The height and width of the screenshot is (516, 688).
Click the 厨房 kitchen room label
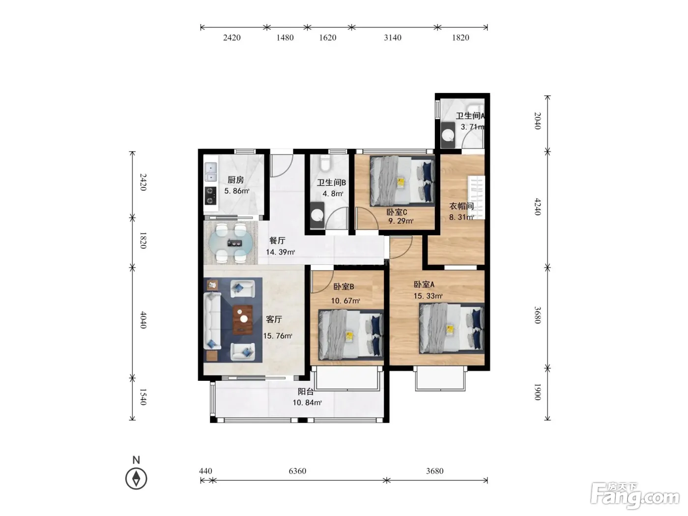click(235, 180)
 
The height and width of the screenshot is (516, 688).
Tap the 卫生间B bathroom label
click(331, 183)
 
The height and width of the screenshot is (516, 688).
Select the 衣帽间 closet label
click(461, 206)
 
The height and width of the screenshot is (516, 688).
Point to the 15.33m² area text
click(428, 296)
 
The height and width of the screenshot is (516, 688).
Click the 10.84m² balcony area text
click(307, 402)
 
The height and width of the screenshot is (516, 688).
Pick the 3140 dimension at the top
click(393, 38)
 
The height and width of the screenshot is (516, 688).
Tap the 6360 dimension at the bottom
click(297, 471)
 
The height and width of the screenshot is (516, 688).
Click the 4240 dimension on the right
click(538, 206)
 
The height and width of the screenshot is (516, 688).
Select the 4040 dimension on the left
click(143, 320)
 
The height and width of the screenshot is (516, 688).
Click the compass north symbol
click(136, 478)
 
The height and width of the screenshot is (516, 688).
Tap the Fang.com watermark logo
click(635, 496)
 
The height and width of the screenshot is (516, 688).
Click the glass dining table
click(230, 243)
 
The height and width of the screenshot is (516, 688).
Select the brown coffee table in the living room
click(243, 319)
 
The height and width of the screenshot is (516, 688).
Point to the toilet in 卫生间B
click(325, 163)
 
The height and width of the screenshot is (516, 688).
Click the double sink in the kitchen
click(211, 172)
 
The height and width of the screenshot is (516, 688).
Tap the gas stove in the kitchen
click(211, 196)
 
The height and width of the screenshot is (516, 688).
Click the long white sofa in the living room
click(212, 321)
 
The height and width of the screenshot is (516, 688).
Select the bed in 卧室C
click(402, 181)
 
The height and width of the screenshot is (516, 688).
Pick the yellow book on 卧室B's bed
click(349, 337)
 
